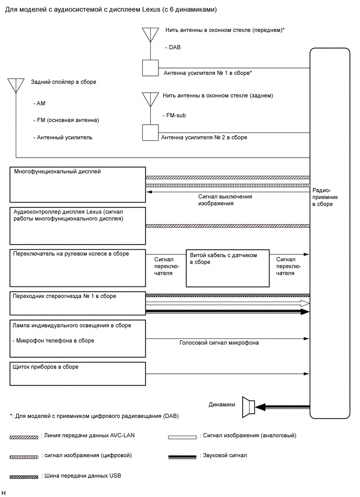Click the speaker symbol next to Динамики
coord(249,406)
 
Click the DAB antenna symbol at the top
coord(150,35)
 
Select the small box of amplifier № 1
coord(150,68)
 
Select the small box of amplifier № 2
coord(150,132)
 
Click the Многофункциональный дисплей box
coord(77,185)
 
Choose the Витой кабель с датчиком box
coord(228,268)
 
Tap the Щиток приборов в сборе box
coord(77,373)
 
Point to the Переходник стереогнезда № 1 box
coord(77,304)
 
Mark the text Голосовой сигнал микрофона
coord(219,343)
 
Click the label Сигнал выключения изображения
coord(225,200)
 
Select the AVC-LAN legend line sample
coord(24,436)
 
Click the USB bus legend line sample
coord(24,476)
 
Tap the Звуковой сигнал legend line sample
coord(182,456)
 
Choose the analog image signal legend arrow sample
coord(182,436)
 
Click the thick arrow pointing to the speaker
coord(283,406)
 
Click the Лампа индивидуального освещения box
coord(77,338)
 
